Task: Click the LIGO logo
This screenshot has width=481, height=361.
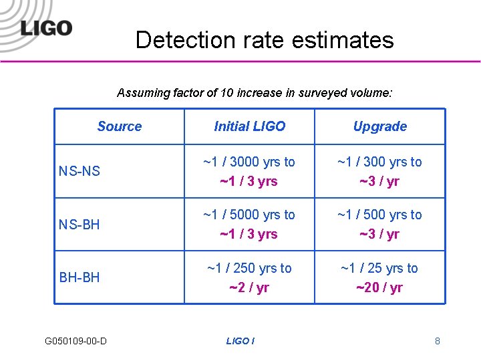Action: tap(46, 28)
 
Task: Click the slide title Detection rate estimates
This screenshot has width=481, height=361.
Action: tap(265, 40)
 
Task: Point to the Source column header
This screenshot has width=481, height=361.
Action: tap(120, 126)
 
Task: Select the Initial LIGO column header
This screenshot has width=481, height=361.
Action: tap(249, 126)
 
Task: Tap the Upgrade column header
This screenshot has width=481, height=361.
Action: tap(379, 126)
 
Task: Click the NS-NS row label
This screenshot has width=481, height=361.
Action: tap(79, 171)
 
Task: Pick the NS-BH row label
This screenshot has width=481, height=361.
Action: tap(79, 225)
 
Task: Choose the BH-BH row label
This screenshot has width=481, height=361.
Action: tap(79, 277)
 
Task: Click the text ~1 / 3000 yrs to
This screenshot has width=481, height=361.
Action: tap(249, 162)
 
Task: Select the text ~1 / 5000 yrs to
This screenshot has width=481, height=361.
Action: tap(249, 215)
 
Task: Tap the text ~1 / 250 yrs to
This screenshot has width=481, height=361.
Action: tap(249, 268)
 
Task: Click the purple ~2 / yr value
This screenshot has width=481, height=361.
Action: tap(249, 287)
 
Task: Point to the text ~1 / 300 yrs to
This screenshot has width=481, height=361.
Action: tap(379, 162)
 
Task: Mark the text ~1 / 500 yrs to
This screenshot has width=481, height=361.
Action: tap(379, 215)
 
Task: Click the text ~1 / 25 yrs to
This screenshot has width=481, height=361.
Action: tap(379, 268)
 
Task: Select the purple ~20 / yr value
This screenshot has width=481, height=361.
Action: tap(379, 287)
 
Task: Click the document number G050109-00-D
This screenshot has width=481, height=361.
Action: tap(75, 341)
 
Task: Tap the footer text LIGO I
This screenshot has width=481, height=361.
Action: tap(240, 341)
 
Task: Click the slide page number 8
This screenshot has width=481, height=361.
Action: tap(438, 341)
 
